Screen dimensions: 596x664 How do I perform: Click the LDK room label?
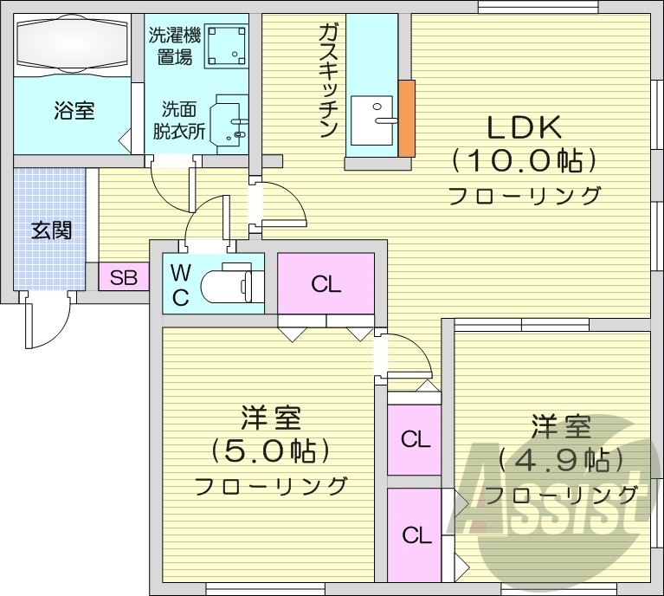click(x=525, y=127)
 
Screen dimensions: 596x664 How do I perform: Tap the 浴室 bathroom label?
click(x=74, y=110)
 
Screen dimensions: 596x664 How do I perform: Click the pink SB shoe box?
click(x=123, y=278)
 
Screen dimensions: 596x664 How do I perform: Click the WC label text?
click(x=180, y=284)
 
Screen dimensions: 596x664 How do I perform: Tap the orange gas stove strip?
click(x=407, y=118)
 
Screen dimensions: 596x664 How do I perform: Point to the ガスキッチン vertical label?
click(x=327, y=81)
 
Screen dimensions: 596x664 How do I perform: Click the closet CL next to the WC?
click(x=326, y=282)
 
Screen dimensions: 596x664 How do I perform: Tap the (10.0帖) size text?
click(x=525, y=161)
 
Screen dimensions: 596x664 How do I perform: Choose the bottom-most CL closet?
click(x=416, y=535)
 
